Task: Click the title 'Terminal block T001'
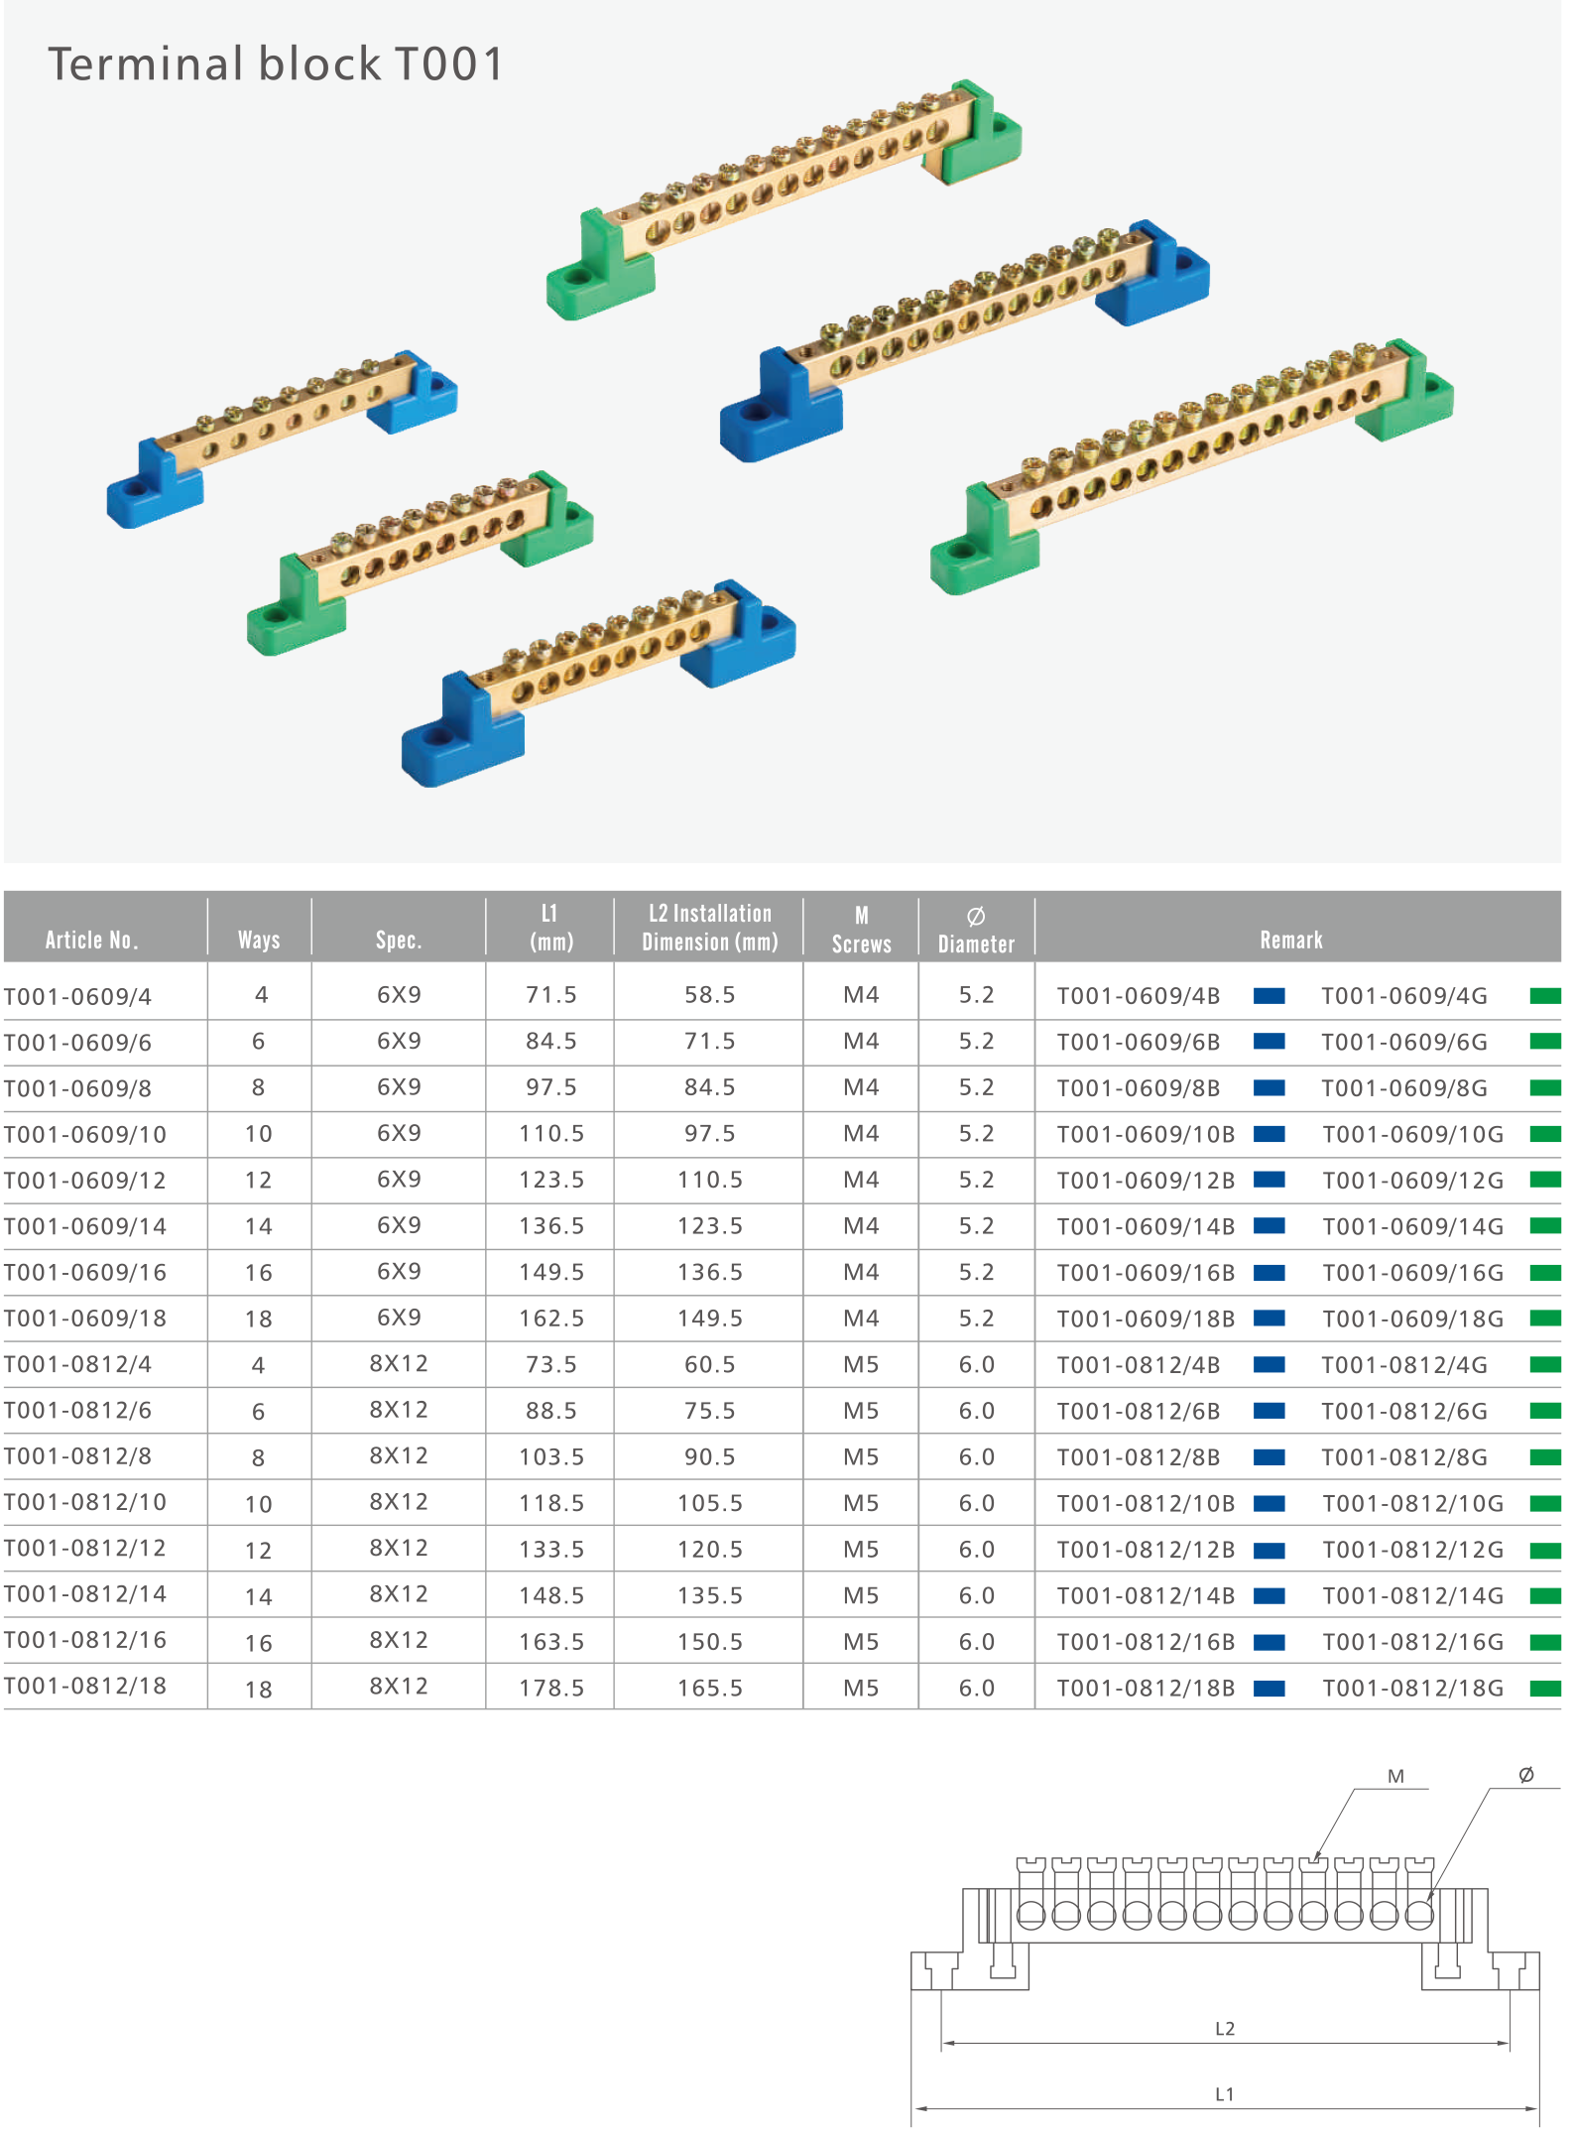click(x=276, y=64)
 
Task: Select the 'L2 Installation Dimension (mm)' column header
click(x=709, y=928)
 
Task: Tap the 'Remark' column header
click(x=1290, y=940)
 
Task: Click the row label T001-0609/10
click(x=85, y=1134)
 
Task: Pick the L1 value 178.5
click(x=551, y=1688)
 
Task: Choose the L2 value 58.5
click(x=709, y=995)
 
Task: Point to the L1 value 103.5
click(x=551, y=1456)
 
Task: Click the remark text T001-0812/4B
click(x=1138, y=1365)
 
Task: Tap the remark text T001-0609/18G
click(x=1412, y=1319)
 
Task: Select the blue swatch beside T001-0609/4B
click(x=1269, y=996)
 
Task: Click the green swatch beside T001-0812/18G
click(x=1544, y=1688)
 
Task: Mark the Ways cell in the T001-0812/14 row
click(x=258, y=1596)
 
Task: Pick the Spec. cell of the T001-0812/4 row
click(x=399, y=1364)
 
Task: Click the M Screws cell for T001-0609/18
click(x=861, y=1319)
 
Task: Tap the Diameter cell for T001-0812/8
click(x=976, y=1456)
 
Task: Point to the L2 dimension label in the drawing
click(x=1224, y=2029)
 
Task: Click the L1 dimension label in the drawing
click(x=1224, y=2094)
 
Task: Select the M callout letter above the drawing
click(x=1395, y=1777)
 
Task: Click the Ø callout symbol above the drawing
click(x=1525, y=1775)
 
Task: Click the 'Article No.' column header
click(x=91, y=940)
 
